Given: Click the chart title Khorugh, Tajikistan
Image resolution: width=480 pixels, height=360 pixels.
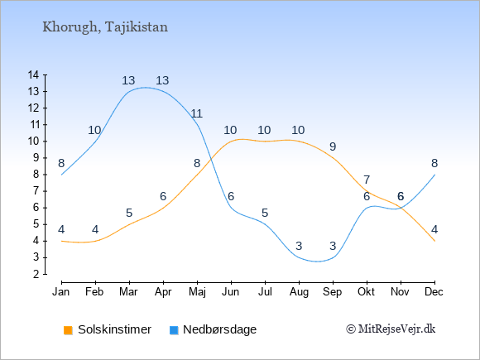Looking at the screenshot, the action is pyautogui.click(x=105, y=27).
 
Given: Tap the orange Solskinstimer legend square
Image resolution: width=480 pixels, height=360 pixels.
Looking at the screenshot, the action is pyautogui.click(x=68, y=330).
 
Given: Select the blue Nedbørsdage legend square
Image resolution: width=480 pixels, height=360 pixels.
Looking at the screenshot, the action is pyautogui.click(x=174, y=330).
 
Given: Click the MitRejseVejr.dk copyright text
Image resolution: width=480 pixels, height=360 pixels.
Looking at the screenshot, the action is pyautogui.click(x=391, y=329).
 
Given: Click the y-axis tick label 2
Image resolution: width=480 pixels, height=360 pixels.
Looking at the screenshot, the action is pyautogui.click(x=36, y=274).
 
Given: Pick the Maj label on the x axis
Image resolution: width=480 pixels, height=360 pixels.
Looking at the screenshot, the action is pyautogui.click(x=197, y=292).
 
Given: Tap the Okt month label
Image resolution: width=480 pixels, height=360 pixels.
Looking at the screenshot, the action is pyautogui.click(x=366, y=292).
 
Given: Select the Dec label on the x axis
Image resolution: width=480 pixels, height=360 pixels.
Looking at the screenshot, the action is pyautogui.click(x=434, y=292).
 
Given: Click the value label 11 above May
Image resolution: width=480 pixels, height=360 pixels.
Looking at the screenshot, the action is pyautogui.click(x=196, y=114).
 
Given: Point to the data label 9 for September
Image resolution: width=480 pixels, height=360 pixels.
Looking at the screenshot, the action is pyautogui.click(x=333, y=147).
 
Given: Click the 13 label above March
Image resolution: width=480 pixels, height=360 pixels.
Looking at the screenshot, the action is pyautogui.click(x=128, y=81).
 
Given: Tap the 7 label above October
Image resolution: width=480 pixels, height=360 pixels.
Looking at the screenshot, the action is pyautogui.click(x=367, y=180).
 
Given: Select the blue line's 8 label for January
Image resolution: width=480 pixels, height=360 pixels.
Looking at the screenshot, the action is pyautogui.click(x=61, y=164).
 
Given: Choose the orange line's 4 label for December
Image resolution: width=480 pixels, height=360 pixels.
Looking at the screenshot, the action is pyautogui.click(x=434, y=229).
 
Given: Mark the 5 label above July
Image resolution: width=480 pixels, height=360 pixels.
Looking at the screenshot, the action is pyautogui.click(x=265, y=213).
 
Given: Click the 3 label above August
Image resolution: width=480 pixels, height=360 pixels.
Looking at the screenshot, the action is pyautogui.click(x=299, y=246).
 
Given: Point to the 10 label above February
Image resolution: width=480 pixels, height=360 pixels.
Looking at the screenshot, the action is pyautogui.click(x=94, y=131).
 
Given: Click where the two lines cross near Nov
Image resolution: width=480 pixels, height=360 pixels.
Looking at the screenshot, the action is pyautogui.click(x=401, y=208).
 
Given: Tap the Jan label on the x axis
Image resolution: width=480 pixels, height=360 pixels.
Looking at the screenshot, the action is pyautogui.click(x=61, y=292).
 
